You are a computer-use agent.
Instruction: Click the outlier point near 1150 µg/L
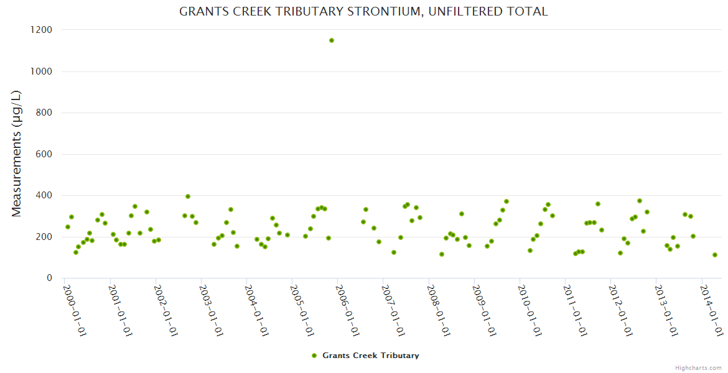tap(332, 40)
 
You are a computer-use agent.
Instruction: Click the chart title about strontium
tap(363, 12)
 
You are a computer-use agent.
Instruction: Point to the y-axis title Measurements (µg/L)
tap(17, 154)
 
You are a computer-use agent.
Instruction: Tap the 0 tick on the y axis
tap(49, 278)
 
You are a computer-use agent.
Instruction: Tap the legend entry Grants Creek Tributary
tap(370, 356)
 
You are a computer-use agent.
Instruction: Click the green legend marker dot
tap(314, 356)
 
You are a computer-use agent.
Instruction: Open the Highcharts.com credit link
tap(698, 367)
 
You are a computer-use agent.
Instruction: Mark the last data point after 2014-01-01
tap(715, 255)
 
